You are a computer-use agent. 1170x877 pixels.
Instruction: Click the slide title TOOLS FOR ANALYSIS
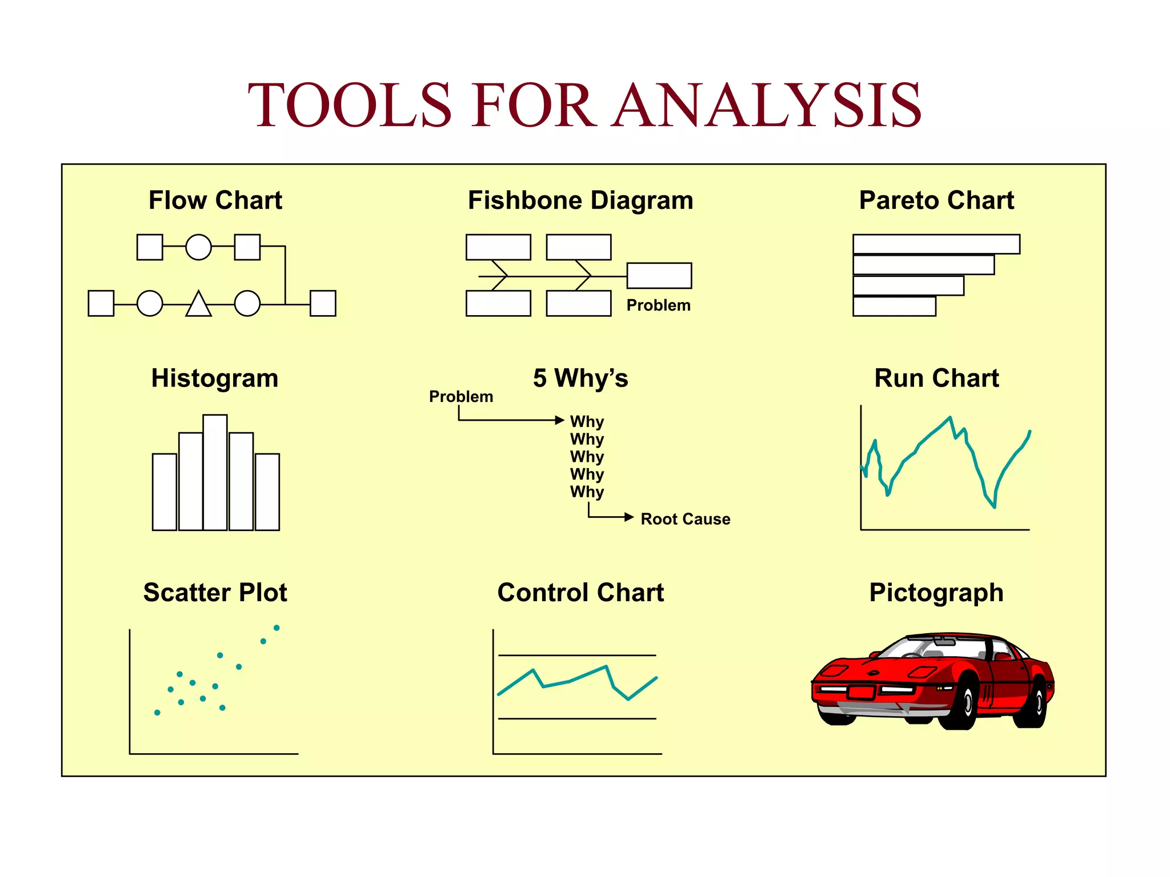(x=584, y=105)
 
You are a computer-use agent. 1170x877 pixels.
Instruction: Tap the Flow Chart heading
(x=215, y=200)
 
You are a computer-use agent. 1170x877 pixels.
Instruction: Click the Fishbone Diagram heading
(x=580, y=200)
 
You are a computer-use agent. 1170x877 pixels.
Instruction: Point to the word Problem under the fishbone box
(x=658, y=305)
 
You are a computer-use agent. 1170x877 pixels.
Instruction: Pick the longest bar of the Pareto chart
(x=936, y=244)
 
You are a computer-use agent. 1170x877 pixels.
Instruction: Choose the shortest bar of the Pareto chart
(x=894, y=307)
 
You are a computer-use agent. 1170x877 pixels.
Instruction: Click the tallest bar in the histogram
(x=215, y=473)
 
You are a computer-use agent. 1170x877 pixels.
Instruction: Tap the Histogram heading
(x=215, y=379)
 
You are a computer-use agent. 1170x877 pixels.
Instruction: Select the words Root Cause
(x=685, y=519)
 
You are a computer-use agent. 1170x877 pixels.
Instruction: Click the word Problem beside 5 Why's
(x=460, y=397)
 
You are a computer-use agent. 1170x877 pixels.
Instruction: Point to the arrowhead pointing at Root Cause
(x=629, y=517)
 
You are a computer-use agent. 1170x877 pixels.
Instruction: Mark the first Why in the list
(x=587, y=422)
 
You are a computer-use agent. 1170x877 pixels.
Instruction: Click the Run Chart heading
(x=936, y=379)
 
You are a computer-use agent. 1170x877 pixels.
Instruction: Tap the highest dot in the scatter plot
(x=277, y=628)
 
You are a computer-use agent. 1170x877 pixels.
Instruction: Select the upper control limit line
(x=577, y=655)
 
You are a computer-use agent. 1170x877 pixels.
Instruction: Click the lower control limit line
(x=577, y=719)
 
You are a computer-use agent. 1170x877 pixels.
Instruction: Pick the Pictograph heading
(x=936, y=593)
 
